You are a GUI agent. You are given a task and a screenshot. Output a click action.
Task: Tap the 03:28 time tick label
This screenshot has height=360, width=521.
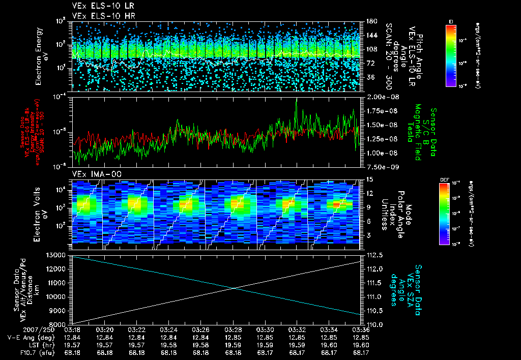click(x=233, y=329)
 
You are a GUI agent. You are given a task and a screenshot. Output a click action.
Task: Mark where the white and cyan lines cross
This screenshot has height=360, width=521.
click(x=234, y=289)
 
